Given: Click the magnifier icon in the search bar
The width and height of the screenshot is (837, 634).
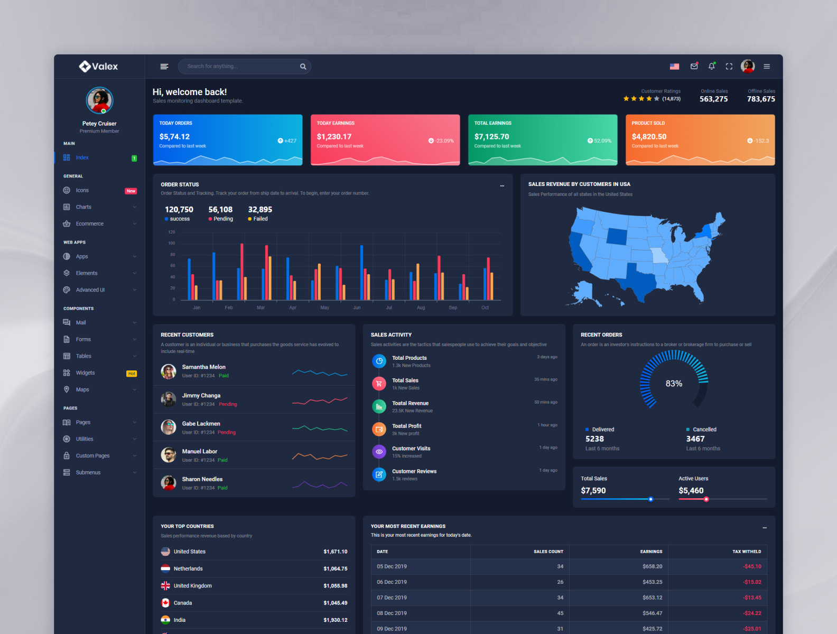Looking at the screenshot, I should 303,67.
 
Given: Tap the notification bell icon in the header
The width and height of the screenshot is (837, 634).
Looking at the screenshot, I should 712,67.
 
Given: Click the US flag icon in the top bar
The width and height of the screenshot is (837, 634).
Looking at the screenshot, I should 674,67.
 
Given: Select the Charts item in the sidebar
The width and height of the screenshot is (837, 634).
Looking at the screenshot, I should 83,207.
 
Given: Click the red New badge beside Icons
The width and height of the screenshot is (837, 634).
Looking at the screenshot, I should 131,191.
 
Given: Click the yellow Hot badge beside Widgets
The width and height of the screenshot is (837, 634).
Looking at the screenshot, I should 132,374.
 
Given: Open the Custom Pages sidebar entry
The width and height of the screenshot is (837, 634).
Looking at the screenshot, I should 92,456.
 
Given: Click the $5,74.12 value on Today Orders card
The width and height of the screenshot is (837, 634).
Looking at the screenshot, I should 174,136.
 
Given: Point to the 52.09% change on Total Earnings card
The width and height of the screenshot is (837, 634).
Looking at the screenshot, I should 602,141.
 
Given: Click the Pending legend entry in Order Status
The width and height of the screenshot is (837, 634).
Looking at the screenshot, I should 222,219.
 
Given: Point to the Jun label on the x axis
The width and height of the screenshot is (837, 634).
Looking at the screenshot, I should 357,307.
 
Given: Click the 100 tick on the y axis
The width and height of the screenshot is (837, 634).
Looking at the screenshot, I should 172,243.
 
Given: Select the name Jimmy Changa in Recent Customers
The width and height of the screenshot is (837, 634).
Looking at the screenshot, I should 201,395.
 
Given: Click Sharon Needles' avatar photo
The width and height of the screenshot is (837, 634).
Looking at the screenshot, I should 169,482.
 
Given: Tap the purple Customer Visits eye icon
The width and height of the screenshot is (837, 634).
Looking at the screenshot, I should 379,452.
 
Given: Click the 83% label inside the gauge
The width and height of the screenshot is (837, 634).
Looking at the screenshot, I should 674,384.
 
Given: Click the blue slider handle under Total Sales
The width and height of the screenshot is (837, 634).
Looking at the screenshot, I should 650,499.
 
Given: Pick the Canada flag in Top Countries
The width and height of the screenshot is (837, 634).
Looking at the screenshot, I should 165,603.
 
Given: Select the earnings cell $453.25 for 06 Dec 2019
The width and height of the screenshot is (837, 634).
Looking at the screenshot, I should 652,582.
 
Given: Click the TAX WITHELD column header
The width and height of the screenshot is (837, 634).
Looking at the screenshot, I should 746,551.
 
